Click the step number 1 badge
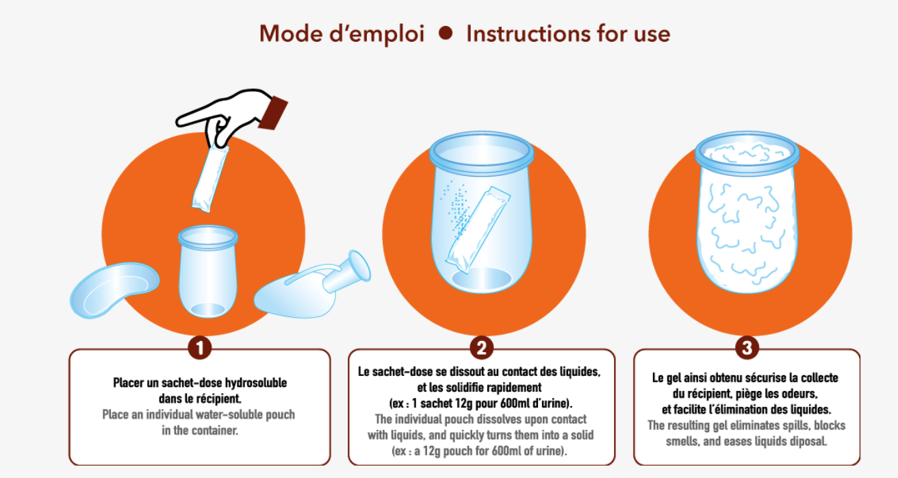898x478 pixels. [x=200, y=348]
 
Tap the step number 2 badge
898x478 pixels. [x=481, y=348]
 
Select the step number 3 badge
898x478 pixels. [x=747, y=348]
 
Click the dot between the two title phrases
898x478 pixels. [x=446, y=33]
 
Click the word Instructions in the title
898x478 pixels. [x=528, y=34]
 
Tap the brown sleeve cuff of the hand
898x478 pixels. [x=273, y=113]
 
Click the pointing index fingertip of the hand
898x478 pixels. [x=179, y=121]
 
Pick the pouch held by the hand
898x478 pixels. [x=211, y=179]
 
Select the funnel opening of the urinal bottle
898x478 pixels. [x=359, y=266]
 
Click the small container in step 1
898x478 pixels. [x=207, y=271]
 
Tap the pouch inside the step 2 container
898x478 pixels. [x=478, y=230]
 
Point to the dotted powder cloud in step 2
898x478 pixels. [x=457, y=210]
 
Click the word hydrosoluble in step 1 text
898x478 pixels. [x=256, y=383]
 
